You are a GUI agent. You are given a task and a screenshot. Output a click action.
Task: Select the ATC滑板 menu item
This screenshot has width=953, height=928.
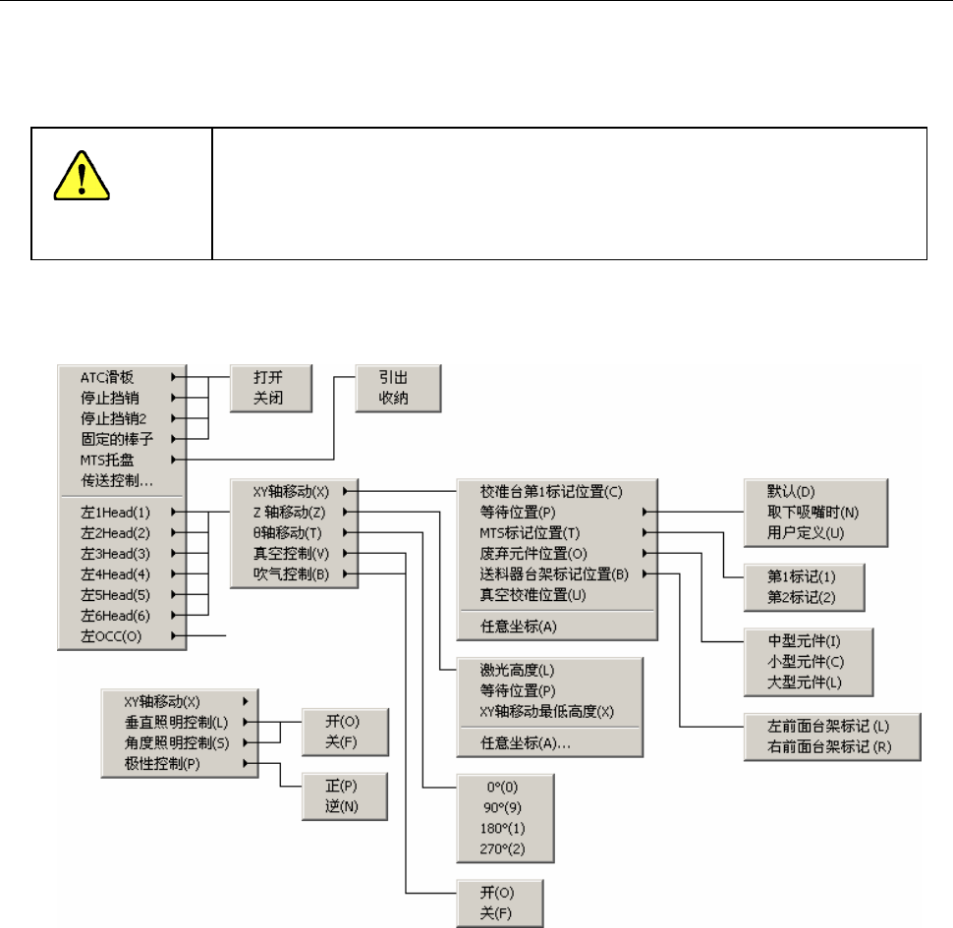coord(107,375)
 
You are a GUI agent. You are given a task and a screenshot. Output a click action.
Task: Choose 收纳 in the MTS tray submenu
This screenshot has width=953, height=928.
coord(399,397)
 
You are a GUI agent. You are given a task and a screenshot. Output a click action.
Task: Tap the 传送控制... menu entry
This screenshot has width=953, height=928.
coord(119,480)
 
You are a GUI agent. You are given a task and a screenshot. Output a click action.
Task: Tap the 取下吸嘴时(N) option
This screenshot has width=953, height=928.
coord(813,511)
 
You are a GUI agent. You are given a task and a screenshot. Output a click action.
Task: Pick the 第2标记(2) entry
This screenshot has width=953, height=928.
coord(803,595)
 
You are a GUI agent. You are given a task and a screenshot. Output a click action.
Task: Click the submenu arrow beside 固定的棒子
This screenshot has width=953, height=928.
coord(175,438)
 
